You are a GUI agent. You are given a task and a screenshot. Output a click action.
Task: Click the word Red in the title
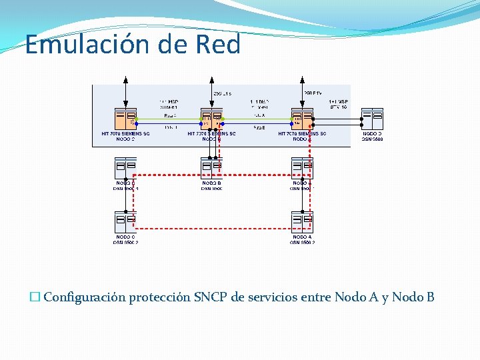click(218, 44)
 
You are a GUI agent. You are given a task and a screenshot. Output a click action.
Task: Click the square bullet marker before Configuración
click(35, 297)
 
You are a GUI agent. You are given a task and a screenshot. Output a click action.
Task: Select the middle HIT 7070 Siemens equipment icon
click(211, 119)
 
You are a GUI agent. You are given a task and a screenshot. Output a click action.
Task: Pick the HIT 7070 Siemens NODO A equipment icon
click(302, 119)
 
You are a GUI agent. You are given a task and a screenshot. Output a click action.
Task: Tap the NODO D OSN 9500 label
click(372, 136)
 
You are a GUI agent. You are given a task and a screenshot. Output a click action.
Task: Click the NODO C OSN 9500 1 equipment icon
click(125, 167)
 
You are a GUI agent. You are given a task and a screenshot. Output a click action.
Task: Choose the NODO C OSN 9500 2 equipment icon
click(125, 221)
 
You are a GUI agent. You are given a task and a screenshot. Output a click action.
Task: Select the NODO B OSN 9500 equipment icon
click(211, 167)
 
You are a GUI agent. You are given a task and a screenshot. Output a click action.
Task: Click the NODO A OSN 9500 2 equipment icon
click(302, 221)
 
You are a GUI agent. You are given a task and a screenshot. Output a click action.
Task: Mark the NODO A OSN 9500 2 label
click(301, 239)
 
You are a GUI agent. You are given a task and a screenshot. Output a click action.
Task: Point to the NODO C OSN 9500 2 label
click(125, 239)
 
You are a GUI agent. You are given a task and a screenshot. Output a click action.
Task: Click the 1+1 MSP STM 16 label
click(338, 103)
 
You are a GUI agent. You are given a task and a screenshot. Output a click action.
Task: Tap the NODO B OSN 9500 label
click(211, 185)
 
